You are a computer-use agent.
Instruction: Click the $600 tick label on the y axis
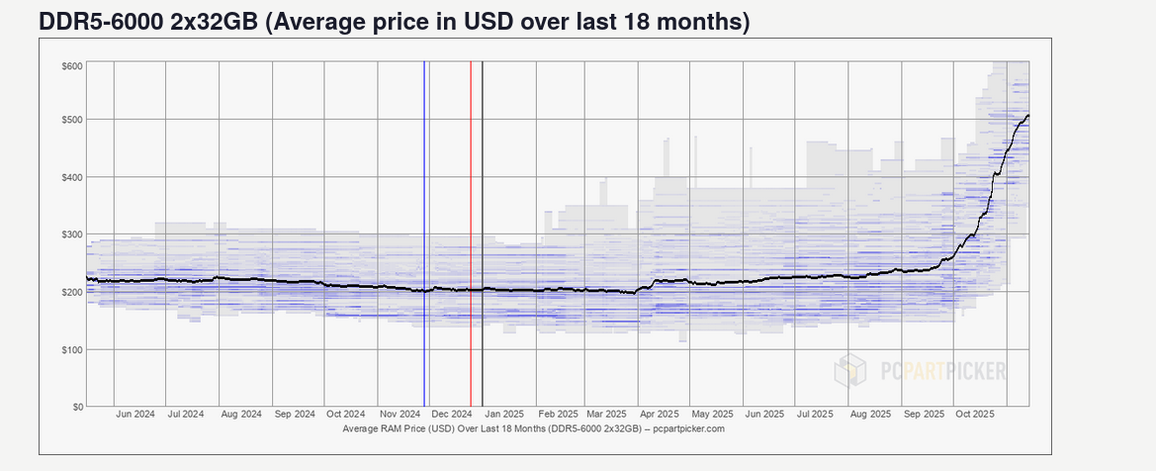tap(71, 65)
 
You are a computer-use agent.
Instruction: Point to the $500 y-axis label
tap(71, 120)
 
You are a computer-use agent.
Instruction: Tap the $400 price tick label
tap(71, 177)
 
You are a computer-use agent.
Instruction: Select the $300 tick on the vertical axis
tap(71, 235)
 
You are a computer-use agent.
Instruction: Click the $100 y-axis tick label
tap(71, 349)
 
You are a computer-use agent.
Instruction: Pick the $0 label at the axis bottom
tap(75, 407)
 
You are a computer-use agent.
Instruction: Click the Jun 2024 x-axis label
tap(134, 416)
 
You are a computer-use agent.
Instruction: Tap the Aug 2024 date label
tap(240, 416)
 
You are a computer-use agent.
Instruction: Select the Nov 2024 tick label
tap(400, 416)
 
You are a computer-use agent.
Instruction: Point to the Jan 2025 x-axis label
tap(505, 416)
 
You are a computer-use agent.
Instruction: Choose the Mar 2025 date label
tap(607, 416)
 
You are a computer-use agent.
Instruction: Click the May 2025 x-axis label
tap(713, 416)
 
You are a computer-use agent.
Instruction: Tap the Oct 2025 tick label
tap(976, 416)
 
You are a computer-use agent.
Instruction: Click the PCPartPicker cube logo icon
tap(850, 371)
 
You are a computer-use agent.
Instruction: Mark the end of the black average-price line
tap(1028, 116)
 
